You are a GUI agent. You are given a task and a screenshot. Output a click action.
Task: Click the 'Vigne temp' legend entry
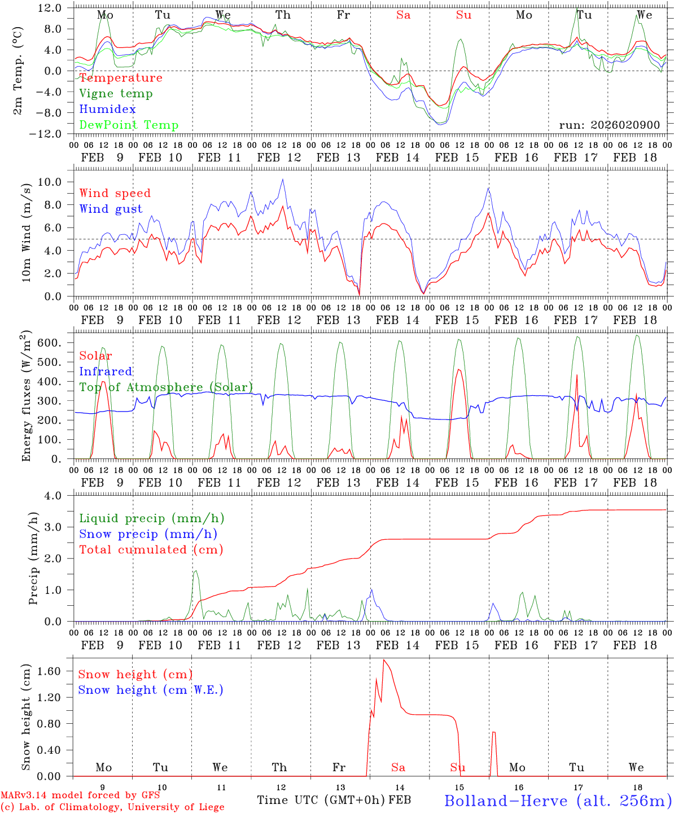(116, 94)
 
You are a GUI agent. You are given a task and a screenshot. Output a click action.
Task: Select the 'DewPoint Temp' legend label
(129, 125)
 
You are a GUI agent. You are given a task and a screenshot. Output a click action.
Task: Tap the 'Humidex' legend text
(107, 110)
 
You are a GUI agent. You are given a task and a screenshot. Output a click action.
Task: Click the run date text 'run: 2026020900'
(609, 125)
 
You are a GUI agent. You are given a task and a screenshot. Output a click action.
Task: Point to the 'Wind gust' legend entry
(111, 209)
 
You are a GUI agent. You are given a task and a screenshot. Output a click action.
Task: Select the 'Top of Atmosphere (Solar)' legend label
(166, 387)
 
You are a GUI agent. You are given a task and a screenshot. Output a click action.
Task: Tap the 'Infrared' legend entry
(106, 371)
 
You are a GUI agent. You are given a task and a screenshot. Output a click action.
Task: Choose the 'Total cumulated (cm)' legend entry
(151, 550)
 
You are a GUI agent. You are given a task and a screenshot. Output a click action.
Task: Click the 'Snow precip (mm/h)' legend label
(148, 534)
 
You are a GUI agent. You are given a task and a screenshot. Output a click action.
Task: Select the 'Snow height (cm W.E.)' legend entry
(151, 690)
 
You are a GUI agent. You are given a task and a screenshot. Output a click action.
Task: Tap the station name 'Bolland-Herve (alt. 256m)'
(558, 801)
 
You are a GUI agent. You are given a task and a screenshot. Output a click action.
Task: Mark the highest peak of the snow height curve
(384, 659)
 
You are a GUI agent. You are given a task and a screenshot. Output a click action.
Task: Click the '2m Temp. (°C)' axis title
(18, 71)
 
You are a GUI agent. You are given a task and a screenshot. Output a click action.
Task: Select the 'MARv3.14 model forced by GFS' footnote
(80, 795)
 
